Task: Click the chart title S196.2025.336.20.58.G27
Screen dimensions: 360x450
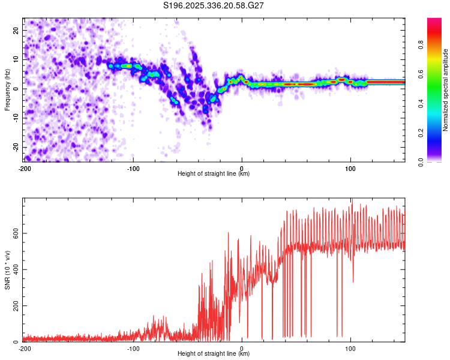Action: (x=214, y=5)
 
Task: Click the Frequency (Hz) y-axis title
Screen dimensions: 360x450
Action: (x=7, y=89)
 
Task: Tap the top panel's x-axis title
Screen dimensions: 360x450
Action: (x=214, y=173)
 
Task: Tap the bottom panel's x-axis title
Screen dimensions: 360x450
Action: (x=214, y=353)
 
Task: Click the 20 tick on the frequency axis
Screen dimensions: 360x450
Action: (x=16, y=30)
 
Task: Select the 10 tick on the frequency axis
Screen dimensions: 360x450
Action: (x=16, y=59)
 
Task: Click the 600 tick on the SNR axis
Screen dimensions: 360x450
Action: (x=14, y=233)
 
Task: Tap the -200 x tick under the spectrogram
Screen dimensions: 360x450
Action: (x=25, y=168)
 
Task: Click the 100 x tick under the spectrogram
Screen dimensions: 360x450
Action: (x=350, y=168)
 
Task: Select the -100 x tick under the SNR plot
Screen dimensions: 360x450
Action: (x=133, y=348)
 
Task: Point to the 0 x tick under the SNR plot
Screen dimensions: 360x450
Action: (x=242, y=348)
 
